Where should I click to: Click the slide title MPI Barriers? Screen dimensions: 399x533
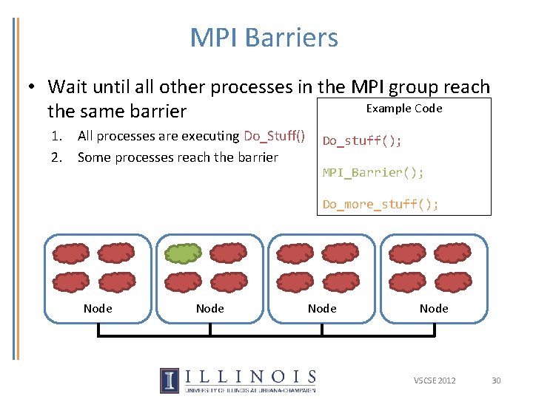(264, 38)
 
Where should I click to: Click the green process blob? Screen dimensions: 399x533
(183, 253)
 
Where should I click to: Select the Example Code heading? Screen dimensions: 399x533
(404, 109)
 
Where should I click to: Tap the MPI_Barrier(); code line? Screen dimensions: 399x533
(373, 173)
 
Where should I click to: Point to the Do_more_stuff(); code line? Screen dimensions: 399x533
(381, 204)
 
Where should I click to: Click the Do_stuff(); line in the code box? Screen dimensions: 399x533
(362, 141)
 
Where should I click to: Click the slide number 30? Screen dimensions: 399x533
(496, 381)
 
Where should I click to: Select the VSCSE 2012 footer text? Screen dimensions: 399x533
(435, 381)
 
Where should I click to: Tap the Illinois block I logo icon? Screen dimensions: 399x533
(169, 380)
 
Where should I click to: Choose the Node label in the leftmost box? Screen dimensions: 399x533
(98, 308)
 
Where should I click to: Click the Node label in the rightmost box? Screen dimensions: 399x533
(434, 308)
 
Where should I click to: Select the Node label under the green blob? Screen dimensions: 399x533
(209, 308)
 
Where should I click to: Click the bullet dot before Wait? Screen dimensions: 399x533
(33, 87)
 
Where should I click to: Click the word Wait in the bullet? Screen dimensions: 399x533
(67, 87)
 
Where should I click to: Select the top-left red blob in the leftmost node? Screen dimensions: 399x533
(71, 253)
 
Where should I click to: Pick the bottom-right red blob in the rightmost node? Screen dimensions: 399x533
(452, 282)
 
